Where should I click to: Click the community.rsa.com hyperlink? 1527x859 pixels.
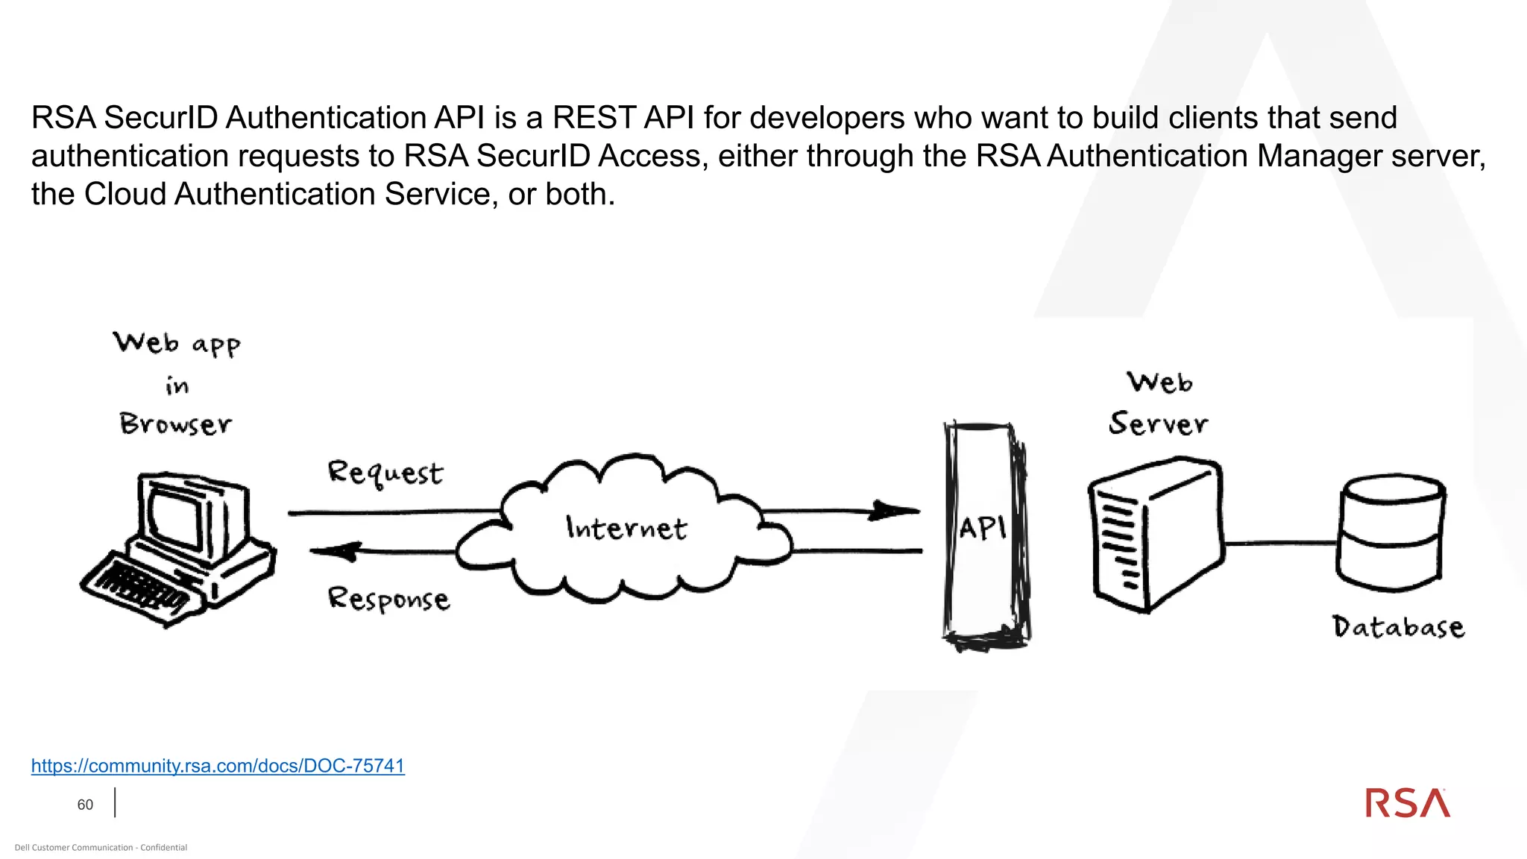coord(218,766)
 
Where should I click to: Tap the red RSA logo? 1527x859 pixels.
coord(1408,803)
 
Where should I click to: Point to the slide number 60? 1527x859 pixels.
coord(85,805)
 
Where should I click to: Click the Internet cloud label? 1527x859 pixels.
coord(626,528)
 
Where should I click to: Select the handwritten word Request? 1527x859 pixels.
coord(385,473)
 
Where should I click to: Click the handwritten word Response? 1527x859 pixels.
coord(388,599)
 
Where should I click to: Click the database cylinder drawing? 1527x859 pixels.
coord(1391,531)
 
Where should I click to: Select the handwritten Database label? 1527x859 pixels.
coord(1398,626)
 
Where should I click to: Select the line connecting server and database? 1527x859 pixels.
coord(1280,543)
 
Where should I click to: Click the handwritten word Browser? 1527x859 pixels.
coord(176,424)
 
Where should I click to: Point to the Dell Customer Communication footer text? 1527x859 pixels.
coord(101,847)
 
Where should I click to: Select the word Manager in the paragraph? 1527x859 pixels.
coord(1319,156)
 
